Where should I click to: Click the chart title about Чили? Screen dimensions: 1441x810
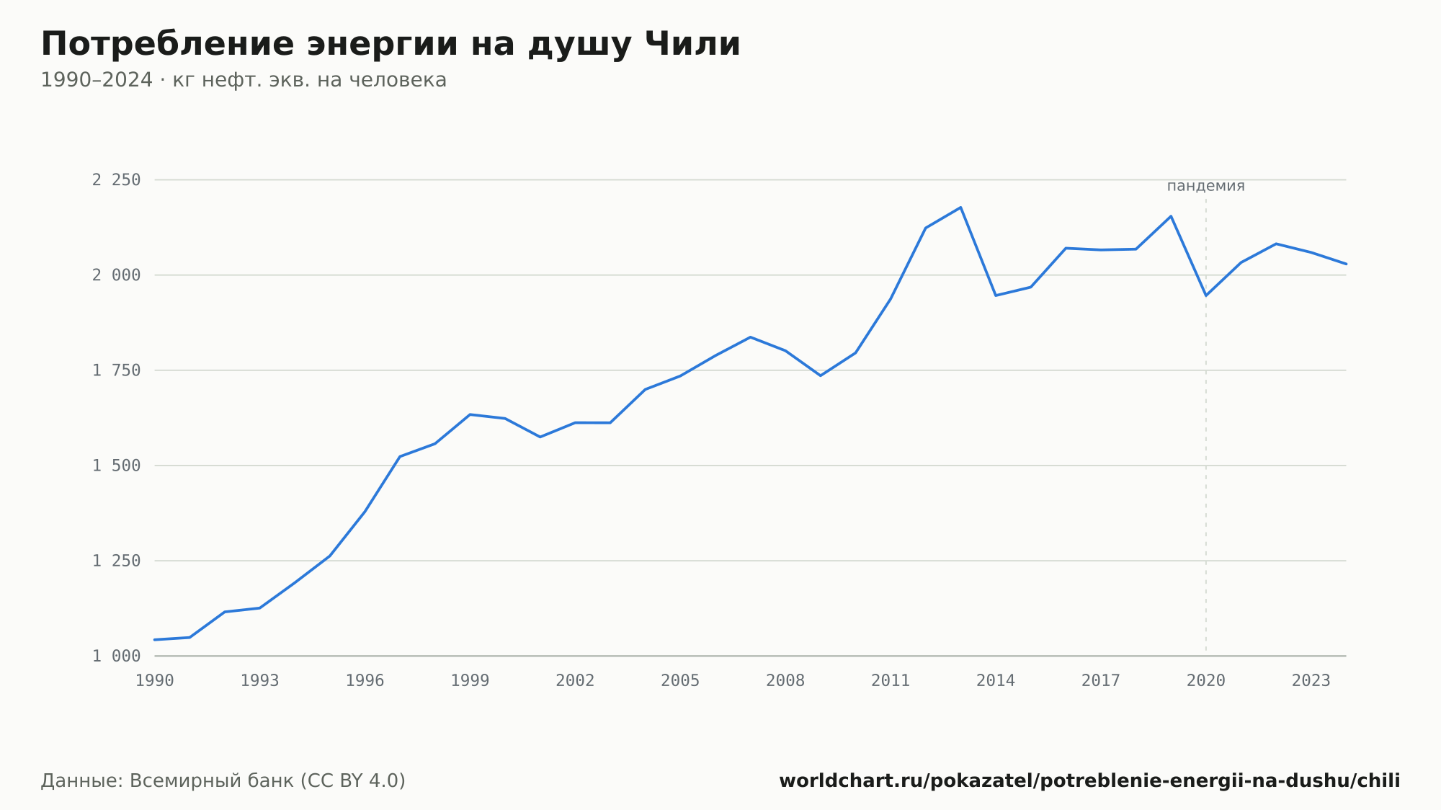pyautogui.click(x=391, y=45)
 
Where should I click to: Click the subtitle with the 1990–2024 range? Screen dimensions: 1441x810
pyautogui.click(x=244, y=80)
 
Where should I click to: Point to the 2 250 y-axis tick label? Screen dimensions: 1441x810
pyautogui.click(x=116, y=179)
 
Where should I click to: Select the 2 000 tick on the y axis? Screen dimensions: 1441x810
pyautogui.click(x=116, y=275)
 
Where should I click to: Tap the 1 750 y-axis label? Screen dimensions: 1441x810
pyautogui.click(x=116, y=370)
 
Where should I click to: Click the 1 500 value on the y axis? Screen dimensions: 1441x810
pyautogui.click(x=116, y=466)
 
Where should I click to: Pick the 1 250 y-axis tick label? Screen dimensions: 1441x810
pyautogui.click(x=116, y=561)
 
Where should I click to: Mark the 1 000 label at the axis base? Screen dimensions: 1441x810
pyautogui.click(x=116, y=656)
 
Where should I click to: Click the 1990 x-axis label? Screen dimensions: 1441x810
pyautogui.click(x=155, y=681)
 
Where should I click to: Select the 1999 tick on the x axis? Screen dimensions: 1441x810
pyautogui.click(x=470, y=681)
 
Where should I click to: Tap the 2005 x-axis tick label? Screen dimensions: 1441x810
pyautogui.click(x=680, y=681)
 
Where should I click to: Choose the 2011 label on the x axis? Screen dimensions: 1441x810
pyautogui.click(x=891, y=681)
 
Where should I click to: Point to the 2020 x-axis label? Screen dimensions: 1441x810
pyautogui.click(x=1206, y=681)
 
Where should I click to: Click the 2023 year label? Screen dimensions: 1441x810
pyautogui.click(x=1311, y=681)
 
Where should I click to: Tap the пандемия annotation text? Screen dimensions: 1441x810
pyautogui.click(x=1206, y=186)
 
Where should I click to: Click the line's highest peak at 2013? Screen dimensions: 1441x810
pyautogui.click(x=960, y=208)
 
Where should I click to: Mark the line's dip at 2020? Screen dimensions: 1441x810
pyautogui.click(x=1206, y=295)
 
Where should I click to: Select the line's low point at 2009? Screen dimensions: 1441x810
pyautogui.click(x=821, y=375)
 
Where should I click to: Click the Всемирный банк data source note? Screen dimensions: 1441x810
pyautogui.click(x=223, y=781)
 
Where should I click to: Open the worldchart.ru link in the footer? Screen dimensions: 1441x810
pyautogui.click(x=1089, y=781)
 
